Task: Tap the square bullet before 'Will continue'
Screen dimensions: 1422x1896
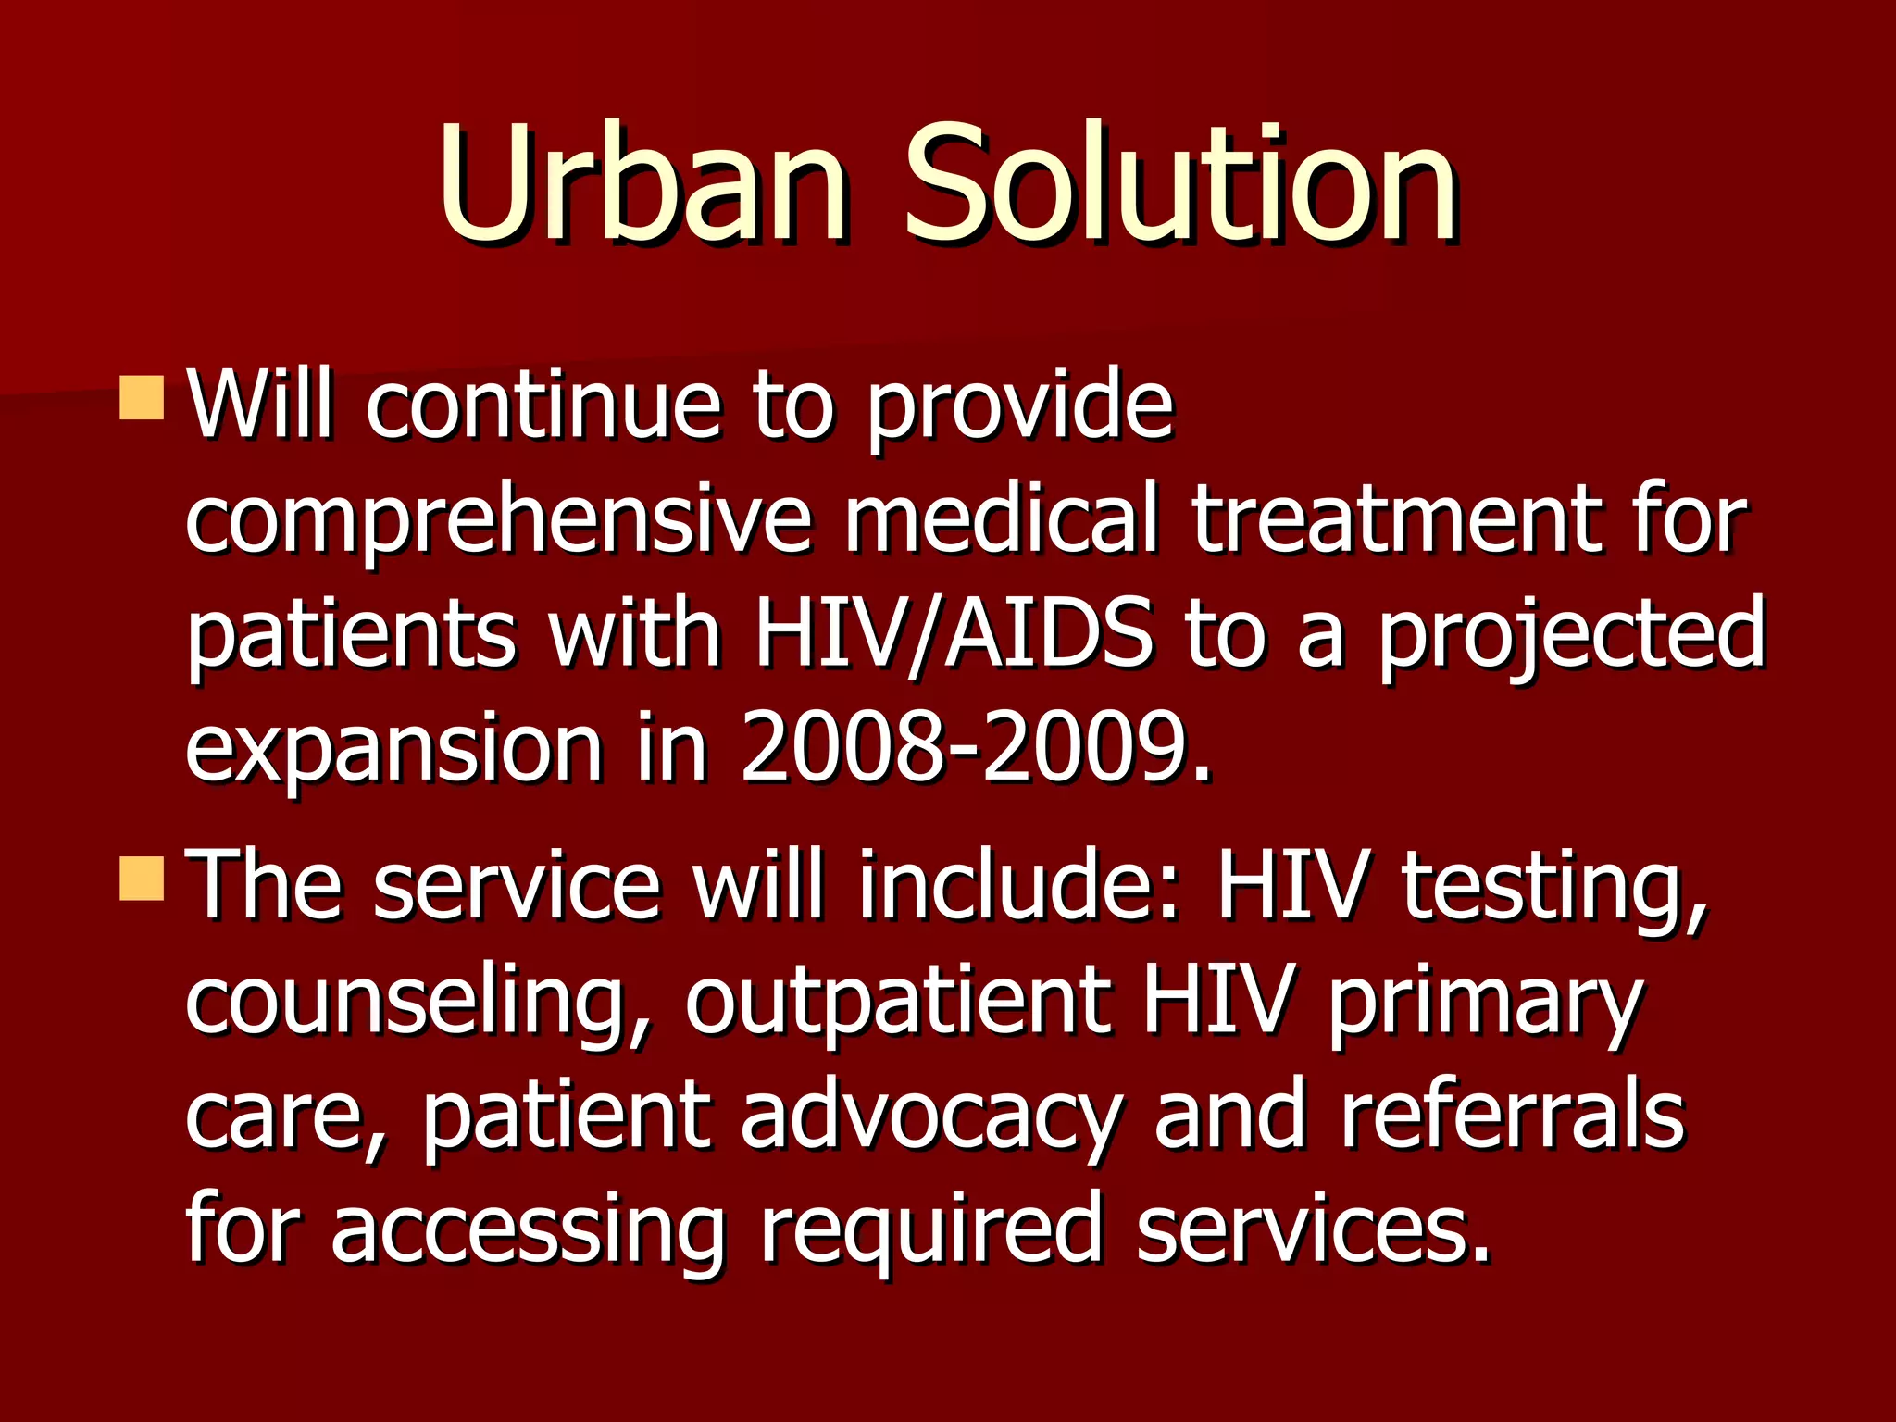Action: point(142,397)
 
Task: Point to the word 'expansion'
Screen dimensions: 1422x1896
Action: point(393,750)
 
